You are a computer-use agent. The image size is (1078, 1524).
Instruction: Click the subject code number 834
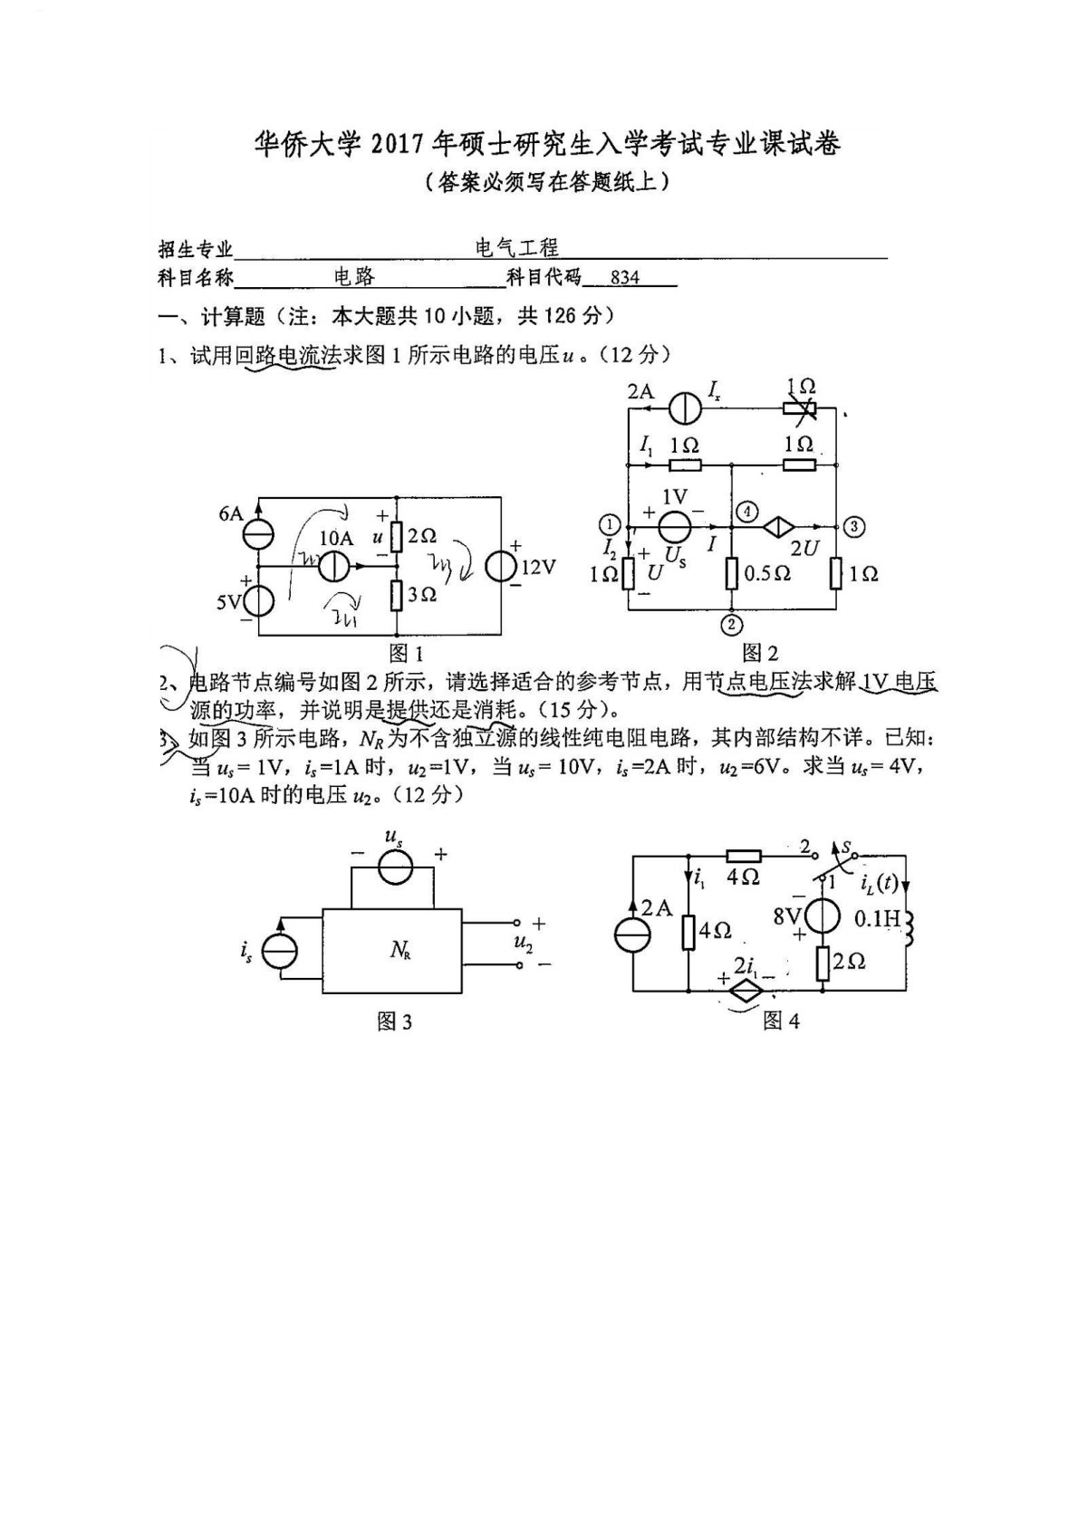pos(625,278)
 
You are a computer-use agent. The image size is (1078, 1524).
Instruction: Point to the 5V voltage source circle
pos(259,600)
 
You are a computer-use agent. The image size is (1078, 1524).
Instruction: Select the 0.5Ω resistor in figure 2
pos(731,573)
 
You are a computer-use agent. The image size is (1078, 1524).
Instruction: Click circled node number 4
pos(746,512)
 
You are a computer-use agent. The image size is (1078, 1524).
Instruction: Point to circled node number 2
pos(732,623)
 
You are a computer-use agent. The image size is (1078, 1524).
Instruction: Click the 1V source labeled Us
pos(674,526)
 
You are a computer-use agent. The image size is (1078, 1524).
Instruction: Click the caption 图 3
pos(394,1021)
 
